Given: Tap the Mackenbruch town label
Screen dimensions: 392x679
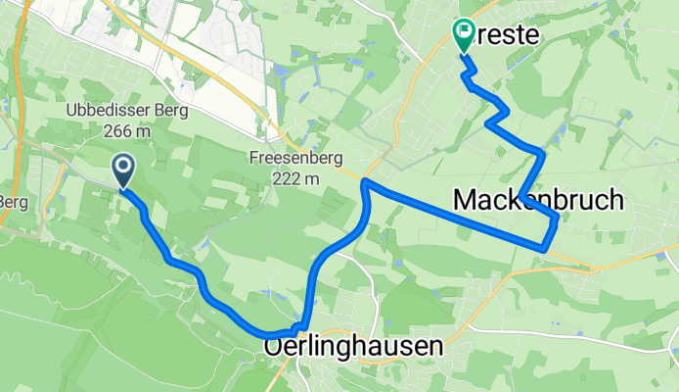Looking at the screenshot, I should click(x=538, y=200).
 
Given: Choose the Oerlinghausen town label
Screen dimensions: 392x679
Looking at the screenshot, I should click(x=353, y=347).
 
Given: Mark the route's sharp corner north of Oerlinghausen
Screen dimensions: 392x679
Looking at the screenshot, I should click(x=364, y=182).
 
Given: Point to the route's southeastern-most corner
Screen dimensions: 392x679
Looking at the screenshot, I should click(x=543, y=248).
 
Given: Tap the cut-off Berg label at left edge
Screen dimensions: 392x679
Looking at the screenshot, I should click(x=12, y=202).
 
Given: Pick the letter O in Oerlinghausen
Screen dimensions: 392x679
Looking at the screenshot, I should click(x=274, y=347).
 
